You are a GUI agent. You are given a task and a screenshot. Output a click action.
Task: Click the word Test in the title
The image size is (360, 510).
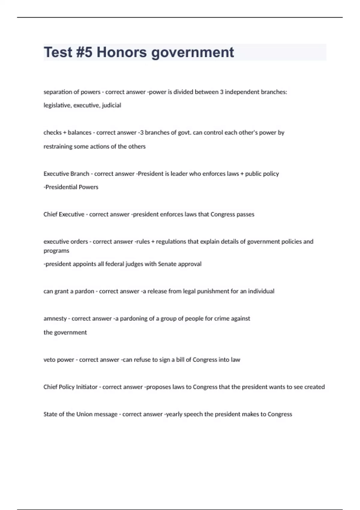pyautogui.click(x=58, y=52)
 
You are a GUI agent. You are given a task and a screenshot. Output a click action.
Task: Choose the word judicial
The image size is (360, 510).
pyautogui.click(x=112, y=105)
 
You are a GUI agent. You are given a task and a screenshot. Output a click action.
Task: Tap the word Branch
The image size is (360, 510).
pyautogui.click(x=79, y=174)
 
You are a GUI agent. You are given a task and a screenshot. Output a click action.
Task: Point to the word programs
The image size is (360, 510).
pyautogui.click(x=56, y=251)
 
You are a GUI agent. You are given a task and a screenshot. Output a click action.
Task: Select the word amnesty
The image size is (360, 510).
pyautogui.click(x=55, y=319)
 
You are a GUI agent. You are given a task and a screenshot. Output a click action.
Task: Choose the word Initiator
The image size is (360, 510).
pyautogui.click(x=87, y=387)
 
